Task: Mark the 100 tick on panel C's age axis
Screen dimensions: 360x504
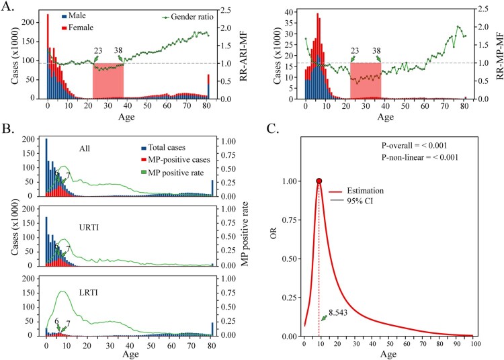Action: point(475,343)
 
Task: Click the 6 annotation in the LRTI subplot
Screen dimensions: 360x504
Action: point(56,322)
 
